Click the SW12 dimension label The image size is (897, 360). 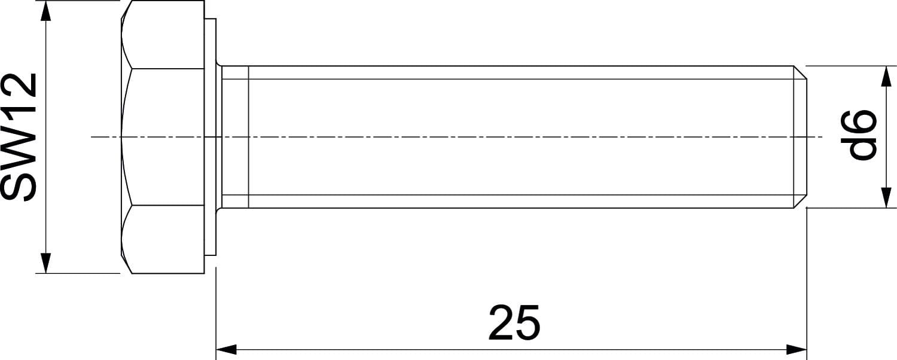tap(18, 137)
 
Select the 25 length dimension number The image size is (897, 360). tap(514, 323)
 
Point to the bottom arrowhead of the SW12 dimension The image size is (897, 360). tap(47, 263)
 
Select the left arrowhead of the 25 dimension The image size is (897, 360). tap(227, 349)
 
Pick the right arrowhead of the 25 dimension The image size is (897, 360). tap(797, 349)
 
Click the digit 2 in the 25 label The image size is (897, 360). tap(501, 323)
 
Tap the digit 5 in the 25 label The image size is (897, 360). tap(528, 323)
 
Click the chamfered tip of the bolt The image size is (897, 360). tap(800, 137)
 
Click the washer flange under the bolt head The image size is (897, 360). tap(210, 136)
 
